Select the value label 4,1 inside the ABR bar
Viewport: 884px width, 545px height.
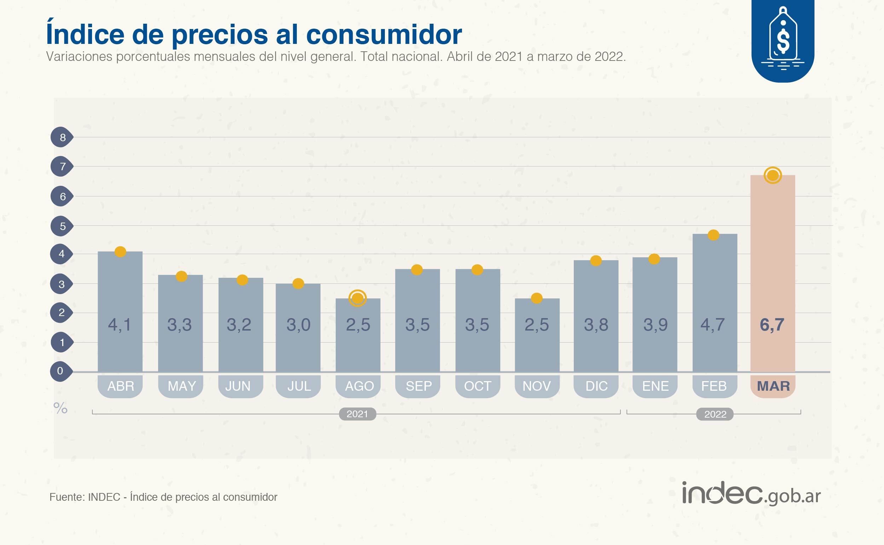click(x=120, y=325)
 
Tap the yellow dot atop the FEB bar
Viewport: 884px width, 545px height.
click(x=713, y=235)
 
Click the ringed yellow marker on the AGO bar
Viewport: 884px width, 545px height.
click(x=357, y=298)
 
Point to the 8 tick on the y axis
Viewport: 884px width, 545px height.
click(x=62, y=137)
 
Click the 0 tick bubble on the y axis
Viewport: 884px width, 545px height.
click(x=60, y=371)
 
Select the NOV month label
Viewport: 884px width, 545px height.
click(x=537, y=386)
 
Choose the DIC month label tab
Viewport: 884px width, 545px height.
click(x=596, y=386)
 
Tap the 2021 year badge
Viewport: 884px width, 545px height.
click(x=357, y=414)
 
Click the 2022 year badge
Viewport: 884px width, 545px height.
click(x=715, y=414)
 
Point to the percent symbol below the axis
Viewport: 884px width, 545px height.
click(x=60, y=408)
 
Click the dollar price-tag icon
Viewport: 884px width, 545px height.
click(x=783, y=40)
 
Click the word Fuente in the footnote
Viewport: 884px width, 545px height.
click(x=67, y=497)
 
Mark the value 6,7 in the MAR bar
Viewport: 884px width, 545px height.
click(x=772, y=325)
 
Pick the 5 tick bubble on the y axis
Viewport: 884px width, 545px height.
click(x=62, y=226)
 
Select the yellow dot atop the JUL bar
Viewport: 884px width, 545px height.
click(x=298, y=283)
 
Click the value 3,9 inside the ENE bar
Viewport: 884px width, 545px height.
click(x=655, y=325)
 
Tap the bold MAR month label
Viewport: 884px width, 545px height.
click(x=773, y=386)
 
